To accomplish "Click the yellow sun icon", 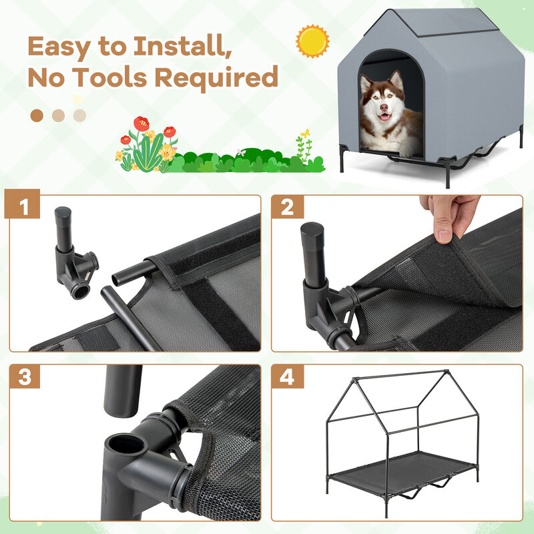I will pos(312,41).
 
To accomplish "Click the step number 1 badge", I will pos(25,208).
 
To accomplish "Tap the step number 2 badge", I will pos(288,208).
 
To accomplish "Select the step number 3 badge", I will pos(25,377).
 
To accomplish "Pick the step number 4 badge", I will pos(288,377).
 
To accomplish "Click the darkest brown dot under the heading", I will pos(37,115).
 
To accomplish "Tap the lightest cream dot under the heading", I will pos(80,115).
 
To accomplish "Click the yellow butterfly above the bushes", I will pos(305,134).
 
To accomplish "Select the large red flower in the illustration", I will pos(141,123).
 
